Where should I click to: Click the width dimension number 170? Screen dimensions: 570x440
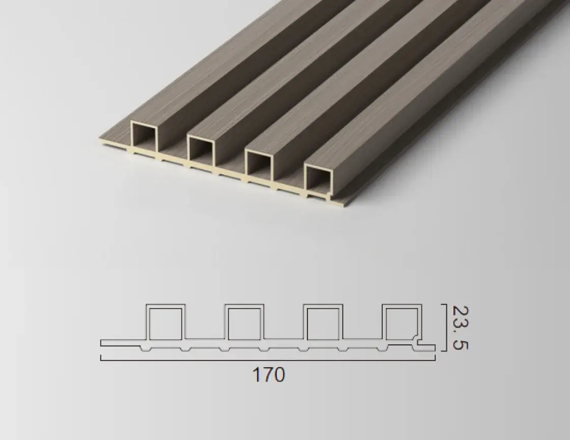click(x=268, y=374)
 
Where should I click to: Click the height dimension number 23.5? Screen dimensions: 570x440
click(x=460, y=327)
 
